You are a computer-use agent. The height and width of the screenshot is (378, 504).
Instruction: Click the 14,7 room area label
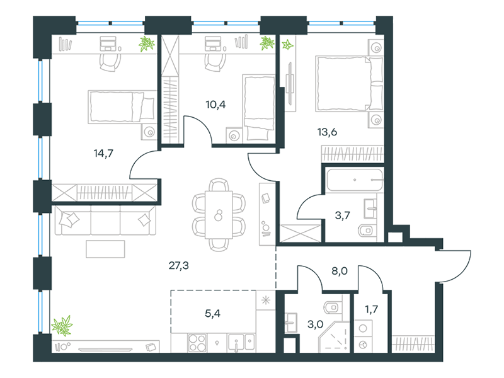coord(103,153)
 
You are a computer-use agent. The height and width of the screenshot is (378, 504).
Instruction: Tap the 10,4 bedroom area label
coord(215,105)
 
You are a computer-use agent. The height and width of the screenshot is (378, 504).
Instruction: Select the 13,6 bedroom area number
coord(327,132)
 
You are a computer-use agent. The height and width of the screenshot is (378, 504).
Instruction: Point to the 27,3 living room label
coord(179,265)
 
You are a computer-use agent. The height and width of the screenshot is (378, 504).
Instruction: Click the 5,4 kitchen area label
coord(212,313)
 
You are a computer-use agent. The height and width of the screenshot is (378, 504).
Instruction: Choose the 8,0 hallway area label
coord(340,271)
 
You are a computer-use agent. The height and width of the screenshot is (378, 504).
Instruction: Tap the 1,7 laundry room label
coord(371,309)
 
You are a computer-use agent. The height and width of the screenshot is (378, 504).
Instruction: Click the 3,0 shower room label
coord(316,324)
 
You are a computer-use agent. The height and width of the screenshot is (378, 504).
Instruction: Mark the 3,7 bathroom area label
coord(342,215)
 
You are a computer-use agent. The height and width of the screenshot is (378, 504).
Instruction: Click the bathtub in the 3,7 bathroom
coord(355,180)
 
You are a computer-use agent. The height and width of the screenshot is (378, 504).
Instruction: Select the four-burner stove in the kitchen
coord(197,343)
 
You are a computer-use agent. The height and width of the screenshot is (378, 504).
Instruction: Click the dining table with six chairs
coord(219,215)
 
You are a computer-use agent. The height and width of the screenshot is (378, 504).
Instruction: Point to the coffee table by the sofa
coord(105,249)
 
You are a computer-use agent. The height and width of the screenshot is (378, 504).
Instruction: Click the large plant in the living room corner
coord(62,326)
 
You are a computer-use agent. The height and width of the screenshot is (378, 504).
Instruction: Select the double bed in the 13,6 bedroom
coord(350,84)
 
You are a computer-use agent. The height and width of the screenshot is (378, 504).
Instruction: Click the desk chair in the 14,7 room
coord(110,62)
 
